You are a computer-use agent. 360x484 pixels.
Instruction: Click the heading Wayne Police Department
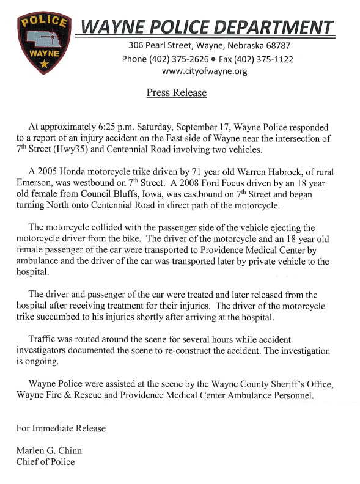208,27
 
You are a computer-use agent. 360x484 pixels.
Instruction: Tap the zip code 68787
274,46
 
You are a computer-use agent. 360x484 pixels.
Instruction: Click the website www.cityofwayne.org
204,71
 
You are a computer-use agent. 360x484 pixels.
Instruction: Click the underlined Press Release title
176,93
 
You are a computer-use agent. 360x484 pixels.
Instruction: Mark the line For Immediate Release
61,428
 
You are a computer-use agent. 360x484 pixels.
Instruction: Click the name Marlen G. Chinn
49,451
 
